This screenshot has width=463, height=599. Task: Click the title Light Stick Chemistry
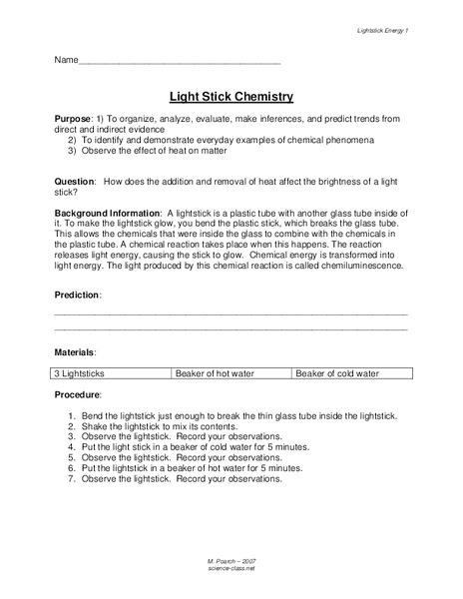point(231,97)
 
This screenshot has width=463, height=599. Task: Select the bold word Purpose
point(74,119)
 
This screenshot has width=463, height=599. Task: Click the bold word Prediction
point(77,296)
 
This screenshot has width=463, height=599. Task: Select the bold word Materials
point(75,353)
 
